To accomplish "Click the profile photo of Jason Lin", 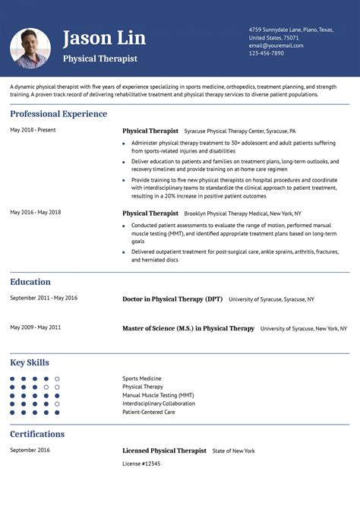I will pos(30,48).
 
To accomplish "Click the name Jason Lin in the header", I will pos(104,38).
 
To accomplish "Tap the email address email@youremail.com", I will pos(276,46).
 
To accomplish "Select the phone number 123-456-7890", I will pos(266,53).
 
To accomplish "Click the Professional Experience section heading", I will pos(58,114).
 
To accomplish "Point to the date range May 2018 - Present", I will pos(33,130).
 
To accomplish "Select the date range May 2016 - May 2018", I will pos(36,212).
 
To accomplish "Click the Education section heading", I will pos(30,282).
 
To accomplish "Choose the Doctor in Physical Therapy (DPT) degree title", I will pos(172,299).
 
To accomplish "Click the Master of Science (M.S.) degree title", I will pos(188,329).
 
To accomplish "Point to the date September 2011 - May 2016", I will pos(43,298).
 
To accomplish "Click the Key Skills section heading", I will pos(30,362).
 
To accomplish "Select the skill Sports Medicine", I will pos(142,378).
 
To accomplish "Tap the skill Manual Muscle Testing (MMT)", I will pos(158,395).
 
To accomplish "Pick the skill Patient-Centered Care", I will pos(149,412).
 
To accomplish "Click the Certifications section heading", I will pos(37,434).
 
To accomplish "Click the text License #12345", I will pos(141,463).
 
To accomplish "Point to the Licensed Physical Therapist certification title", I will pos(164,451).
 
